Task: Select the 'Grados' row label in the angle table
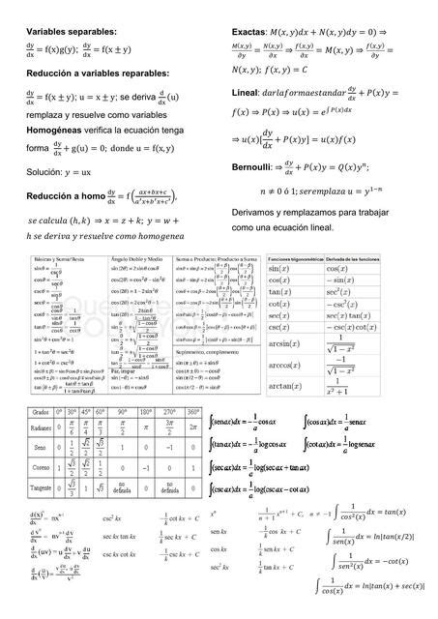[37, 413]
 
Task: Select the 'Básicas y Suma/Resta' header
[57, 260]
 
